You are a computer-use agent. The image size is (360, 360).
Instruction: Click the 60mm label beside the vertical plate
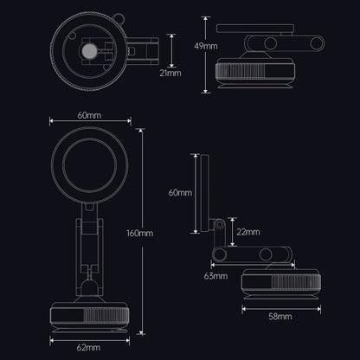coord(180,193)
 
